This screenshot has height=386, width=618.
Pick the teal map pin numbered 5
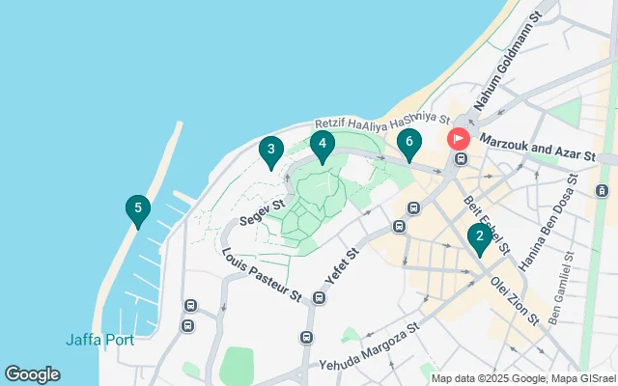coord(138,209)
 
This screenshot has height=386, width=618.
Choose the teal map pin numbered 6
coord(409,144)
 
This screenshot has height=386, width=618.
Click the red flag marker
coord(457,139)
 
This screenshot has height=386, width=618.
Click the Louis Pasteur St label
coord(263,275)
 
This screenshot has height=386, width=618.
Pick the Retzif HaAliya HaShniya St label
coord(383,122)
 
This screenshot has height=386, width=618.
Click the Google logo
coord(32,374)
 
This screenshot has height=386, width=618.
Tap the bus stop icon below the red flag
coord(462,159)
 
